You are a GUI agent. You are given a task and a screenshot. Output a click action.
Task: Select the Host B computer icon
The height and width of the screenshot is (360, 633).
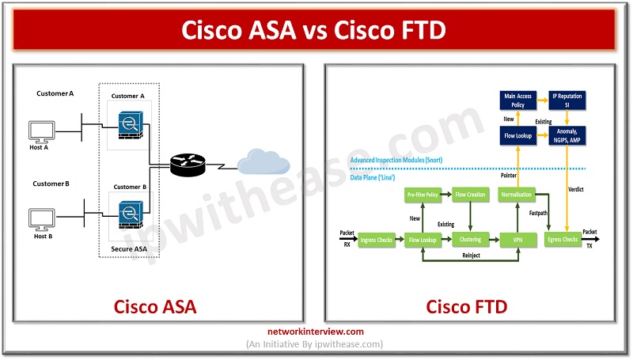[x=41, y=218]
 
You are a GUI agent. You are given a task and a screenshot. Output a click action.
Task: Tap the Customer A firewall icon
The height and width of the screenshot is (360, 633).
[x=129, y=127]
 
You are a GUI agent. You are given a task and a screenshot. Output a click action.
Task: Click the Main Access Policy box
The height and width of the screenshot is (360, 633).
[x=518, y=100]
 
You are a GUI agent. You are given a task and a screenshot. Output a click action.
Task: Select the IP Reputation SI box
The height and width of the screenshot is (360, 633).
[x=567, y=100]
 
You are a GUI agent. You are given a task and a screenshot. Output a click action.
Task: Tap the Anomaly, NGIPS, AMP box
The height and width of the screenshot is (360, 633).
[x=567, y=136]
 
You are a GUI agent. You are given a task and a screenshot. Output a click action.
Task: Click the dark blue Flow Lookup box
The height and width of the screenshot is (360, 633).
[x=518, y=136]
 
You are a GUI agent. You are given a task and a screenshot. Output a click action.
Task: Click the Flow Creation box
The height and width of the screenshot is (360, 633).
[x=471, y=194]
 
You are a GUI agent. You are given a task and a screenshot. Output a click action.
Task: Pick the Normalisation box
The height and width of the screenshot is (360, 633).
[x=518, y=194]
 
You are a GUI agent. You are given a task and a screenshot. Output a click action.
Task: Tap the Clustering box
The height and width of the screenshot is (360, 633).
[x=471, y=238]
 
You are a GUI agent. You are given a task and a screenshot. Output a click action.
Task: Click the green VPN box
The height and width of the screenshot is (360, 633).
[x=518, y=238]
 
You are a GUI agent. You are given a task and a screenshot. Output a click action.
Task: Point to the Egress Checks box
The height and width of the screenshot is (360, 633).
[x=563, y=238]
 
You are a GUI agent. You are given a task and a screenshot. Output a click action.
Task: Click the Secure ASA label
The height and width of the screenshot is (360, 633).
[x=130, y=248]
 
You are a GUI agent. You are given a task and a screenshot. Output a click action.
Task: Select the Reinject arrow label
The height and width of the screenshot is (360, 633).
[x=472, y=267]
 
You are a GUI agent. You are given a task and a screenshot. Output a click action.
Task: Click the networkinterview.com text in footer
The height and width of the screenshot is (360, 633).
[x=316, y=332]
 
